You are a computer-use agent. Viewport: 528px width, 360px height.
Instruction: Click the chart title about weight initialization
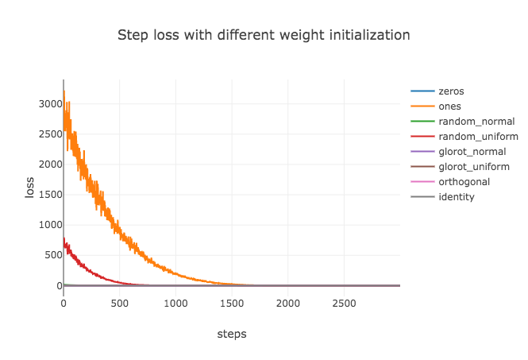click(264, 35)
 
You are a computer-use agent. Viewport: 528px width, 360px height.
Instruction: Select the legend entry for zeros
click(450, 91)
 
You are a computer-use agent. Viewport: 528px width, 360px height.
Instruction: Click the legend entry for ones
click(449, 106)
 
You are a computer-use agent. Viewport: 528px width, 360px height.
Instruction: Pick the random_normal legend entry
click(476, 122)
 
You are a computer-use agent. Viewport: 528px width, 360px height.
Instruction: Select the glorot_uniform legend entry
click(474, 167)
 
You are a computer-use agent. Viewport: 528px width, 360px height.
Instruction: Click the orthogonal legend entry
click(464, 182)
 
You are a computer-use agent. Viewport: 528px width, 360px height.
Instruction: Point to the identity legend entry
click(457, 197)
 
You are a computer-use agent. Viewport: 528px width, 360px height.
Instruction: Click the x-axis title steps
click(232, 335)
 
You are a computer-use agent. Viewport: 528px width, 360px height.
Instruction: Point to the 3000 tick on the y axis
click(44, 104)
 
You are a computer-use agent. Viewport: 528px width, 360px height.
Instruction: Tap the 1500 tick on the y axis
click(44, 195)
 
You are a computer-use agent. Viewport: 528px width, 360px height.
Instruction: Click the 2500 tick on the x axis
click(344, 304)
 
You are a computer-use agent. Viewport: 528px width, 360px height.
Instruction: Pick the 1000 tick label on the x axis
click(175, 304)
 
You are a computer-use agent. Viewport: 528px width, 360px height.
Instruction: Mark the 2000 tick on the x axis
click(287, 304)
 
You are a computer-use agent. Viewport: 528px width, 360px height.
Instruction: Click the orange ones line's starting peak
click(64, 91)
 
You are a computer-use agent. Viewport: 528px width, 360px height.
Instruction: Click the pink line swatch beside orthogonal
click(422, 182)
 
